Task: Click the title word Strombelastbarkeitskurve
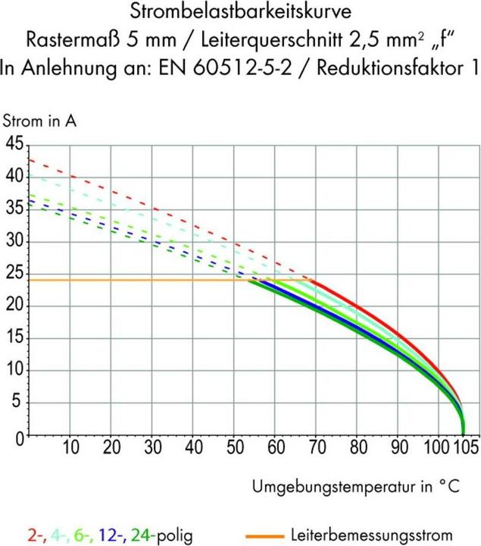click(241, 11)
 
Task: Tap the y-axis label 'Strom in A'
click(39, 121)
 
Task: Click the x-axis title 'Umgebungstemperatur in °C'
click(356, 486)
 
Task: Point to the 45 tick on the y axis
click(14, 143)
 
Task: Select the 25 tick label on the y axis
click(14, 274)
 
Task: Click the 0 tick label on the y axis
click(20, 438)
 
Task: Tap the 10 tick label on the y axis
click(14, 370)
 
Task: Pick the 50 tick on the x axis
click(235, 447)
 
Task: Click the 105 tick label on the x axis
click(465, 447)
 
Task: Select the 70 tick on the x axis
click(317, 447)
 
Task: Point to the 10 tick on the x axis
click(70, 447)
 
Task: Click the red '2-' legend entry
click(36, 535)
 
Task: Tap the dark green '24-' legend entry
click(142, 535)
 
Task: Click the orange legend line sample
click(264, 536)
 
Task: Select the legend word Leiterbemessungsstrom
click(371, 535)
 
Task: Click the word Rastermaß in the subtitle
click(73, 39)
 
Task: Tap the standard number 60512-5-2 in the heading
click(242, 68)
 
